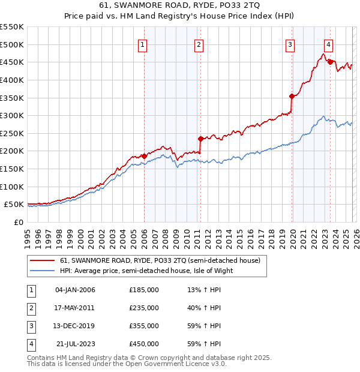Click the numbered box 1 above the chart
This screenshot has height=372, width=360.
(143, 44)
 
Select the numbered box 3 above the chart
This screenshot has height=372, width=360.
(290, 44)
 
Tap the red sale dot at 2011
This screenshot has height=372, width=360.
(200, 139)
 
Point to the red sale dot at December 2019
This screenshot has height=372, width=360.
(292, 96)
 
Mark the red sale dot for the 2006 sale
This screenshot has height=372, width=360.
(144, 156)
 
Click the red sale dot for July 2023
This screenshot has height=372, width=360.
(330, 62)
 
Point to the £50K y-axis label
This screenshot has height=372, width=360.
(14, 205)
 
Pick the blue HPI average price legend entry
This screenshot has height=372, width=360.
(146, 271)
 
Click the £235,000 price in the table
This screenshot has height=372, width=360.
(143, 308)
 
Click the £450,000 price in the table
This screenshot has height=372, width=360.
(143, 344)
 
